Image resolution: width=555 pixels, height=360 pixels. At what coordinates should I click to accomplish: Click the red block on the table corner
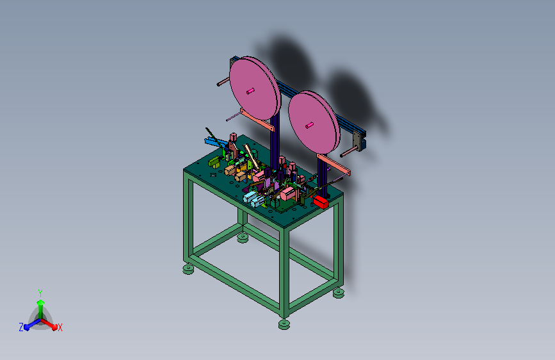(321, 202)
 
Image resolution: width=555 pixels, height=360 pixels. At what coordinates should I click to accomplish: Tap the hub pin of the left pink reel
(250, 91)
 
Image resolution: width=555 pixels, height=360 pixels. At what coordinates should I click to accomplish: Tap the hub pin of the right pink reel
(309, 125)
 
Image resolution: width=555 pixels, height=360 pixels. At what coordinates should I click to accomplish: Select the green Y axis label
(40, 293)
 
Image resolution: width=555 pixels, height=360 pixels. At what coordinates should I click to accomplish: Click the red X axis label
(60, 327)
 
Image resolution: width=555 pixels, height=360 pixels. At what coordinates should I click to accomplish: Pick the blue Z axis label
(21, 327)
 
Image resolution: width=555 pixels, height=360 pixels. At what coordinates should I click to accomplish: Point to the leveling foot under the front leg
(284, 323)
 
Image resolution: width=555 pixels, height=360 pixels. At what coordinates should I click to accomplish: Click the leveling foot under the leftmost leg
(188, 269)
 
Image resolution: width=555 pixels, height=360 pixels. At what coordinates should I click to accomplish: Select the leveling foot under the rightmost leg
(339, 293)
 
